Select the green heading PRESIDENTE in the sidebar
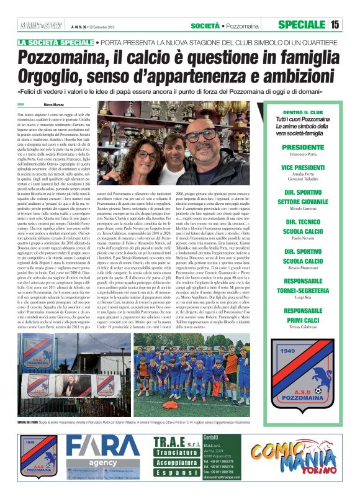click(x=302, y=147)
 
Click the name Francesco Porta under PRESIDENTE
click(x=302, y=156)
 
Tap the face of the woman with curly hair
click(x=147, y=154)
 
